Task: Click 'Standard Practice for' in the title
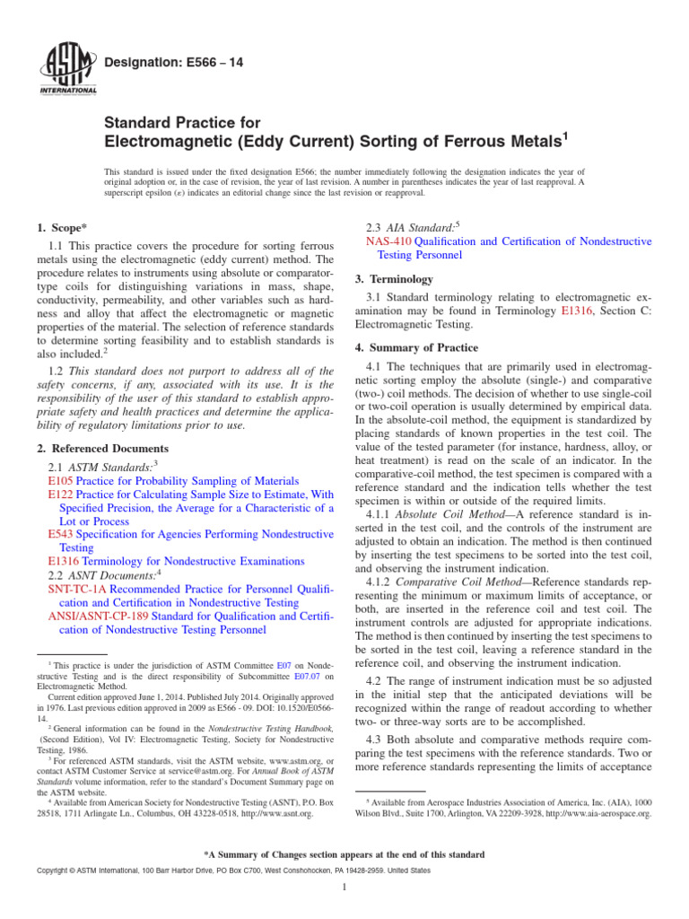(x=182, y=122)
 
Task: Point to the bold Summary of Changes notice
(x=344, y=854)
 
